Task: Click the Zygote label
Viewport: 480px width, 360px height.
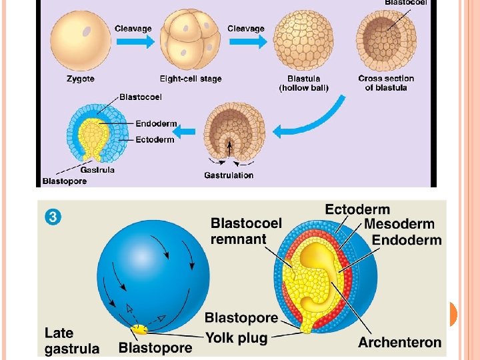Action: click(80, 79)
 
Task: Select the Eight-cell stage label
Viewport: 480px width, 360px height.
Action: click(191, 79)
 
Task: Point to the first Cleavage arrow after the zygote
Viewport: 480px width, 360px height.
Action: click(133, 41)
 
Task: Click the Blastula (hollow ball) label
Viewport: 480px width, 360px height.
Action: click(303, 83)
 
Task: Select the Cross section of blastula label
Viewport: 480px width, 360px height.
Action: click(386, 83)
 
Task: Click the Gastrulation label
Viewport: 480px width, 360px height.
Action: click(229, 175)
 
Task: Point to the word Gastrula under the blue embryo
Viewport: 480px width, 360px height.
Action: click(97, 170)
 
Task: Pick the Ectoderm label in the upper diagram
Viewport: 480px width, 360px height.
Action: click(155, 139)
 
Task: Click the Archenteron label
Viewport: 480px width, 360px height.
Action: click(399, 342)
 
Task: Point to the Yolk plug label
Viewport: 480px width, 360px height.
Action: click(236, 338)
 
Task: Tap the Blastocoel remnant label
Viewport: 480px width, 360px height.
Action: click(246, 231)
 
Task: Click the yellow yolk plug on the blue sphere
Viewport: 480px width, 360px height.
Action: click(139, 329)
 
